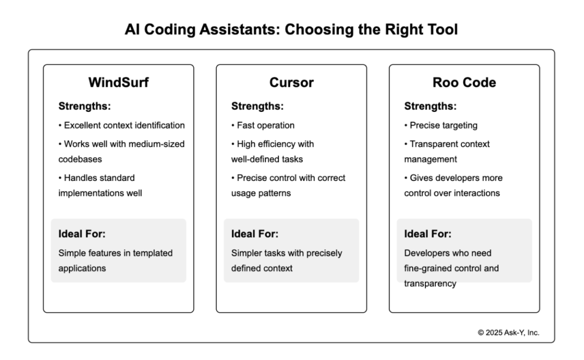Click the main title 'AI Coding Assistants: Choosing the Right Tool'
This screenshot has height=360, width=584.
click(291, 29)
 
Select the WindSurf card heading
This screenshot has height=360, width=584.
click(118, 82)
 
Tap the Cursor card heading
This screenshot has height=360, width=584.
click(291, 82)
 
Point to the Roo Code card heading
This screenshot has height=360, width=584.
click(464, 82)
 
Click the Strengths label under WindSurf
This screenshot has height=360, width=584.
click(84, 106)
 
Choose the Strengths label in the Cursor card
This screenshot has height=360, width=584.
click(257, 106)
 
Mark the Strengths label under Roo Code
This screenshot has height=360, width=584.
click(431, 106)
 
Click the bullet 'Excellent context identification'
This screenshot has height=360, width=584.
click(121, 126)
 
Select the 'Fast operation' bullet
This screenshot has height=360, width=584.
click(263, 126)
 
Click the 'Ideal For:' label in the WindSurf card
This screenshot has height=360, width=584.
click(82, 234)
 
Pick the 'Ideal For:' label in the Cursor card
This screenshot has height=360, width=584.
click(254, 234)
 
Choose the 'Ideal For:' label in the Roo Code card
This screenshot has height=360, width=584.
click(428, 234)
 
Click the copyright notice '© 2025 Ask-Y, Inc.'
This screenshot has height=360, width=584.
click(508, 333)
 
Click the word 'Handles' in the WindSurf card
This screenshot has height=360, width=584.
click(80, 178)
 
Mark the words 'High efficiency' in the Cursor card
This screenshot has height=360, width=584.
click(263, 144)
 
